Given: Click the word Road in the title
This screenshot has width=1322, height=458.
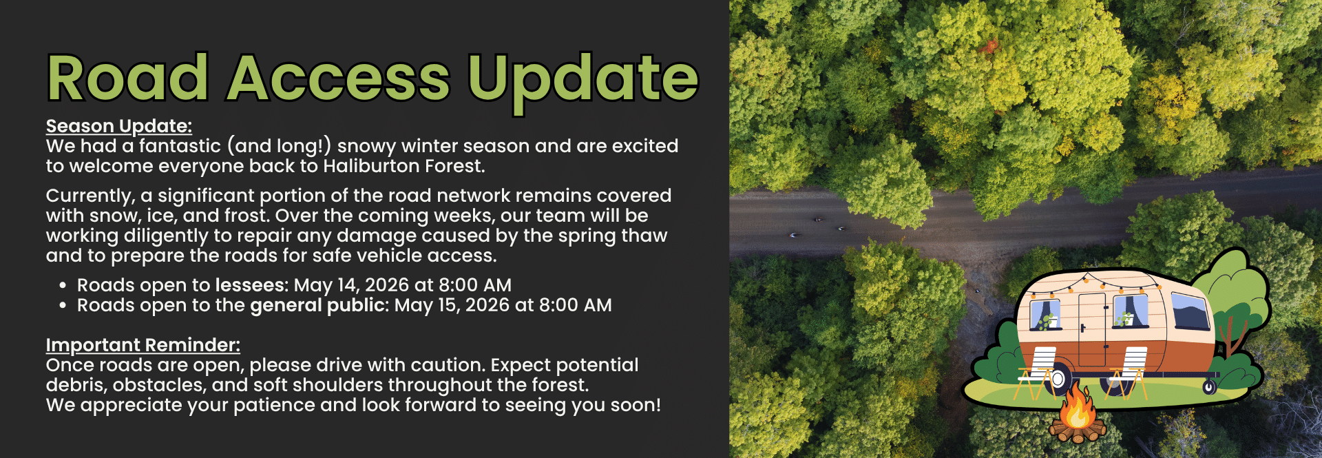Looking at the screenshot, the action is pos(128,77).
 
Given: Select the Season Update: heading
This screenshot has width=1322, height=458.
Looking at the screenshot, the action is pos(119,126).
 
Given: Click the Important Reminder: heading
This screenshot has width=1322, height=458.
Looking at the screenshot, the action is pos(143,344).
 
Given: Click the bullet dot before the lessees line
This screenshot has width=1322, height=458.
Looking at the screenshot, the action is pos(63,286).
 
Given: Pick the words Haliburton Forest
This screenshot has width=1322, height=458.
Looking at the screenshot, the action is pos(403,166).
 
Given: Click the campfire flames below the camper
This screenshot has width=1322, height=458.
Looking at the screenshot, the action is pos(1077,407).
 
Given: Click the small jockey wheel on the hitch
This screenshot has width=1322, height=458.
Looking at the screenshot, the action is pos(1209,387).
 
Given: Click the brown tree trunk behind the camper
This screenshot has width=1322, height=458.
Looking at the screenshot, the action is pos(1230,337).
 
